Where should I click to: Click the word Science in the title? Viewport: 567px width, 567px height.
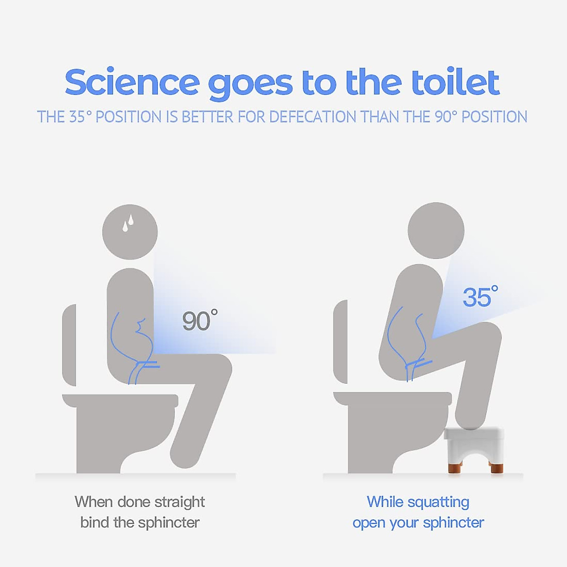pyautogui.click(x=132, y=83)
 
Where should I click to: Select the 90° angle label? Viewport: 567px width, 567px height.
pyautogui.click(x=199, y=321)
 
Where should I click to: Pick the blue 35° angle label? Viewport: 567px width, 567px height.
pyautogui.click(x=480, y=297)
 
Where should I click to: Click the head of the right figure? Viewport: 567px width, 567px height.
pyautogui.click(x=436, y=231)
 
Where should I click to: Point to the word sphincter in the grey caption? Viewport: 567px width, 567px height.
pyautogui.click(x=169, y=523)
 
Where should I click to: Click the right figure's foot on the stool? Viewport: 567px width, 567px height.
pyautogui.click(x=475, y=421)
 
